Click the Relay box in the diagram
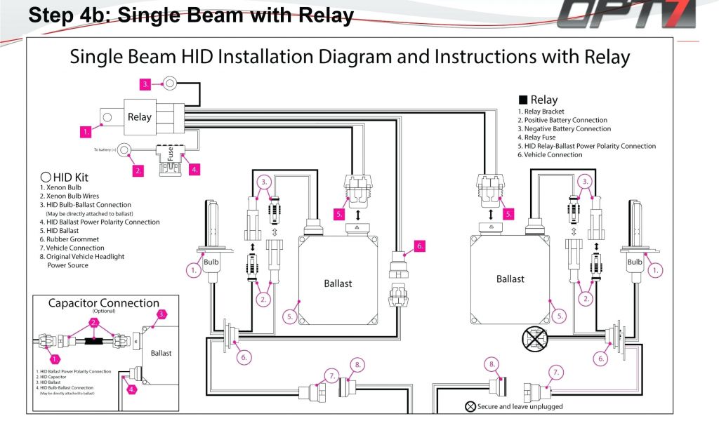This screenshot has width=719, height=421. (139, 116)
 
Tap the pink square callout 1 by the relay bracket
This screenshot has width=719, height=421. (86, 131)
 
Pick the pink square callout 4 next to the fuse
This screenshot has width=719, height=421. (194, 168)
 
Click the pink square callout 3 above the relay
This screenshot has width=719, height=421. (145, 84)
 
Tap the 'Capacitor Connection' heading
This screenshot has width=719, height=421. (103, 303)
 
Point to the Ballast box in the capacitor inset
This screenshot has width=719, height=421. (160, 353)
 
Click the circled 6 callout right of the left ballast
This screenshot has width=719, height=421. (419, 246)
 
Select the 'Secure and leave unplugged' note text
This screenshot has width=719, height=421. (520, 406)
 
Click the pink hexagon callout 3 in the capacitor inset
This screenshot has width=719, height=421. (161, 314)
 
